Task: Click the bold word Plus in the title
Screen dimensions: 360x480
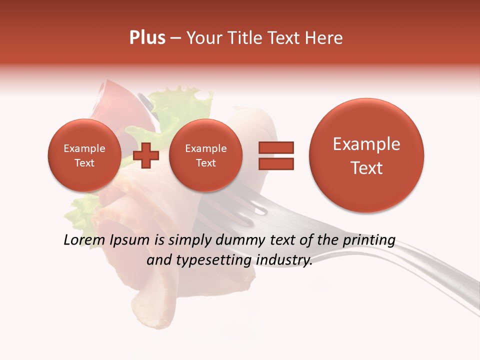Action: (x=147, y=38)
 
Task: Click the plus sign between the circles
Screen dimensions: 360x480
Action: (x=146, y=155)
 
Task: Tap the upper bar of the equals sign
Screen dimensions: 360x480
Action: (x=276, y=147)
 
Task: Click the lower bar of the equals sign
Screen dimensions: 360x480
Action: (x=276, y=164)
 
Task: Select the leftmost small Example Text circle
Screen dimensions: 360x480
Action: (x=84, y=155)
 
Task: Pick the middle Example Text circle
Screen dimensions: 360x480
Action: (x=205, y=155)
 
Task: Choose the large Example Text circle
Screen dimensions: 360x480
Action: (x=366, y=155)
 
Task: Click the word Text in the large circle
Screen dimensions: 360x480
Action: (x=366, y=168)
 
